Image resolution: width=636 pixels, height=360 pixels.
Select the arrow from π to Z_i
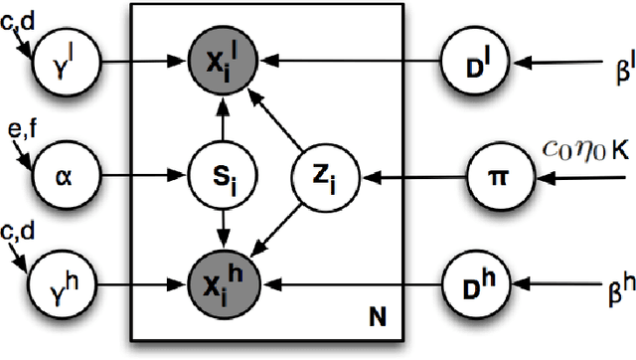click(x=394, y=181)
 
